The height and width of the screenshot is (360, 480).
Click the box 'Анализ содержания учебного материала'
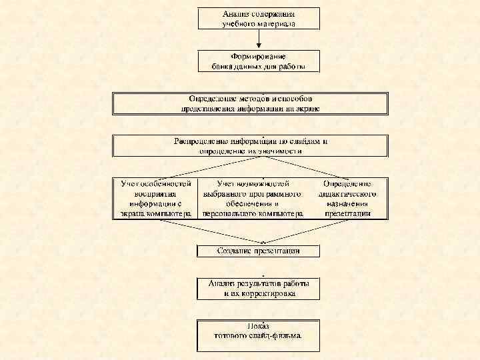[259, 18]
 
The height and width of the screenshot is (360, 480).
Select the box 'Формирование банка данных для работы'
[259, 61]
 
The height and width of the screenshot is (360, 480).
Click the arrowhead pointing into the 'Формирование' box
[259, 47]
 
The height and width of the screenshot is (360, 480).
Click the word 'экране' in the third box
[306, 108]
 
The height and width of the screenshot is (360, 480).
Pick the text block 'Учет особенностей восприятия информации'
[156, 199]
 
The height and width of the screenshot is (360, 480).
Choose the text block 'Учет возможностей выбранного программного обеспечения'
[254, 199]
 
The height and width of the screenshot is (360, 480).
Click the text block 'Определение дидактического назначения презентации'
[347, 199]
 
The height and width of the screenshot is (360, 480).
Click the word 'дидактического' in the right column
[347, 193]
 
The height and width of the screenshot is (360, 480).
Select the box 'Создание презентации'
[259, 251]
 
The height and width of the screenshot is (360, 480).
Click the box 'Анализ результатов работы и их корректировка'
[259, 289]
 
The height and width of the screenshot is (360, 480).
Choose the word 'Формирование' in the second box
[259, 57]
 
